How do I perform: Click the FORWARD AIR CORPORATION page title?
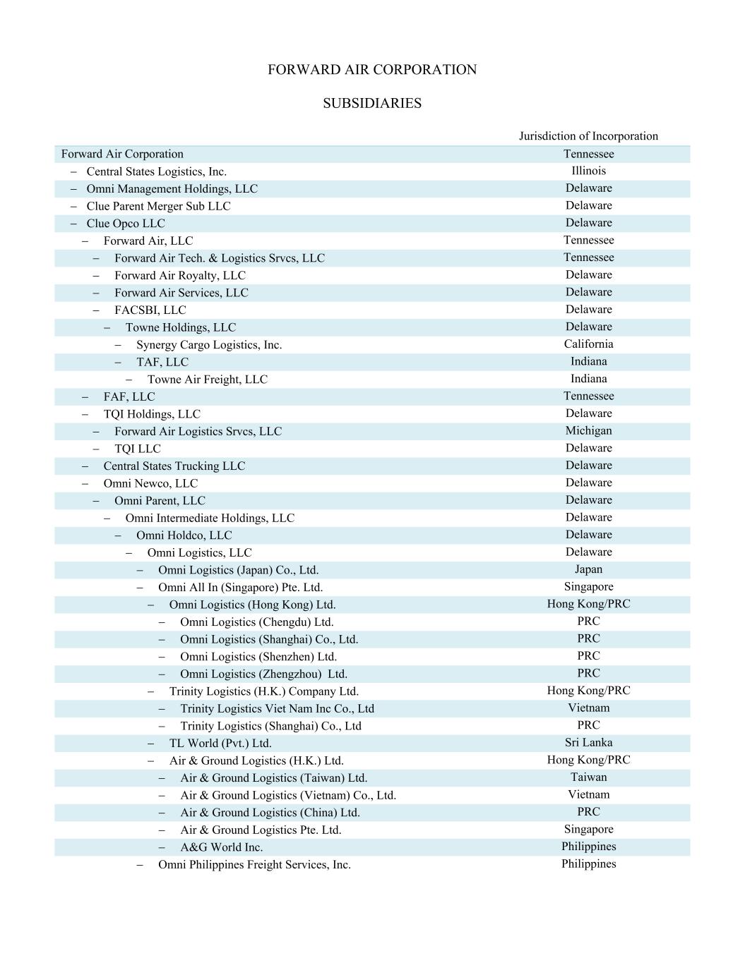372,70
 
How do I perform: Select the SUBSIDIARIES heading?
372,103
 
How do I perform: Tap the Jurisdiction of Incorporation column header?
588,136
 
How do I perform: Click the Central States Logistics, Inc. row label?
156,171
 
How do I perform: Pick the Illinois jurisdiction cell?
588,171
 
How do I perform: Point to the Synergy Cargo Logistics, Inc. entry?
209,345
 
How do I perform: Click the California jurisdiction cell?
588,344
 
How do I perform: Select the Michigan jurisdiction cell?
588,431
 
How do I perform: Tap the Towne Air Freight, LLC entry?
208,380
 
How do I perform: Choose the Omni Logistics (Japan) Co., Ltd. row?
238,570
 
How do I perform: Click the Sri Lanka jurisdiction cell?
588,743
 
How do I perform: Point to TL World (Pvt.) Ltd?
220,744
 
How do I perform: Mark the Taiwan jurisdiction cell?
588,777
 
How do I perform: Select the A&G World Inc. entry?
221,847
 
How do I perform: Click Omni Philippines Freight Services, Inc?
254,865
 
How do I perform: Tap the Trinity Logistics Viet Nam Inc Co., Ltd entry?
277,709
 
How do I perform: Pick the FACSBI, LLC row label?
150,310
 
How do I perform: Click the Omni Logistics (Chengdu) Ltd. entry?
256,622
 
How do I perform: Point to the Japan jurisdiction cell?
588,569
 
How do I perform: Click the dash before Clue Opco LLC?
74,224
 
